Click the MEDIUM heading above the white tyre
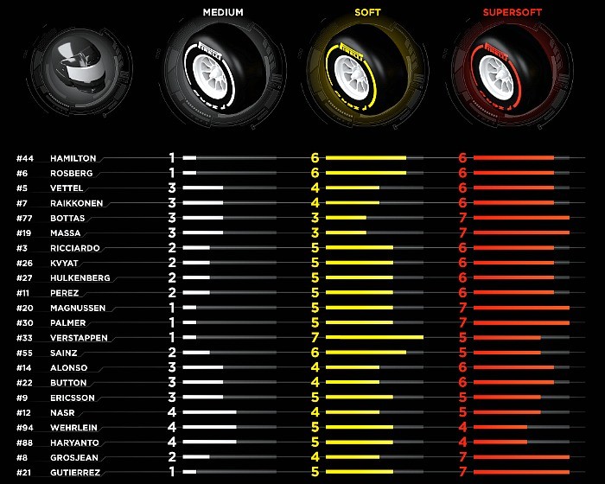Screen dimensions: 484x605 pos(223,13)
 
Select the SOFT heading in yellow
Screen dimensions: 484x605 pos(367,13)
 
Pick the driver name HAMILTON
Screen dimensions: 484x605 pos(73,158)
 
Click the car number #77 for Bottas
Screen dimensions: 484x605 pos(24,218)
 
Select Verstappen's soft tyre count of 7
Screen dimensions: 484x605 pos(315,337)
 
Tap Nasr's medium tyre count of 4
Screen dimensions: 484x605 pos(172,412)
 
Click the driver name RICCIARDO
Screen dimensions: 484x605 pos(75,248)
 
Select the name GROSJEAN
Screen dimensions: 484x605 pos(73,457)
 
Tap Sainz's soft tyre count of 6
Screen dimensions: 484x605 pos(315,353)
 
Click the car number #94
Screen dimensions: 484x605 pos(24,428)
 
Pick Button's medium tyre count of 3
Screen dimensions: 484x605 pos(172,382)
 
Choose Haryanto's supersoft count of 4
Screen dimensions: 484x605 pos(462,443)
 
